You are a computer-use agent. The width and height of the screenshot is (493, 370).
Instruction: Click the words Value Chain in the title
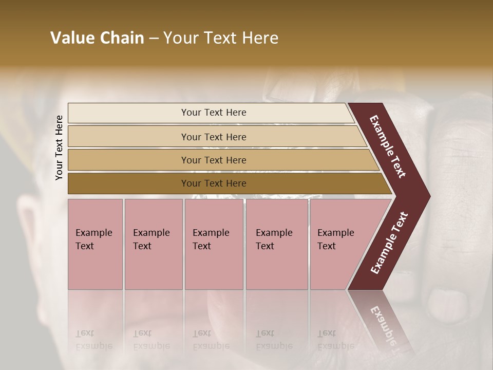tap(97, 38)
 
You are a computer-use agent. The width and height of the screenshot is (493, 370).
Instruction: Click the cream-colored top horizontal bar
tap(128, 113)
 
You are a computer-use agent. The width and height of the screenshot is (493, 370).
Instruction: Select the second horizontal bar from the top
tap(128, 137)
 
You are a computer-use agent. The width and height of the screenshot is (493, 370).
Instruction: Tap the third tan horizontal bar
tap(128, 160)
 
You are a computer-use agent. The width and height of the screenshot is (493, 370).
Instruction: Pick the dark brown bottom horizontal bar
tap(128, 183)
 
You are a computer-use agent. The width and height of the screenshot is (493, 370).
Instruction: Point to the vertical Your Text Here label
tap(59, 147)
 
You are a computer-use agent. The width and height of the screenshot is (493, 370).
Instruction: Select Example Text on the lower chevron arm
tap(389, 243)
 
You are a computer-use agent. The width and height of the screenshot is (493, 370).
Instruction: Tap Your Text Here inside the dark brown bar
tap(214, 183)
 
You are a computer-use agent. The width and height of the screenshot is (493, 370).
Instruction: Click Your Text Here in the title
tap(221, 38)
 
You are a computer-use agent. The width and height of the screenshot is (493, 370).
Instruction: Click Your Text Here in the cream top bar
tap(214, 113)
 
